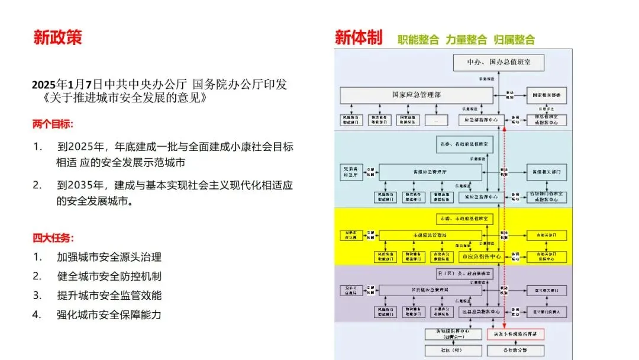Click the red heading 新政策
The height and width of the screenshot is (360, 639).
coord(57,37)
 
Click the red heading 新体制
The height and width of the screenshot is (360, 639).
coord(358,38)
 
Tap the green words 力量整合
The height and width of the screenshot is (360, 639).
coord(466,40)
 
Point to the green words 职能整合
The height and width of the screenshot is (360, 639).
coord(418,40)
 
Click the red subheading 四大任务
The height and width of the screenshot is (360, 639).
coord(53,238)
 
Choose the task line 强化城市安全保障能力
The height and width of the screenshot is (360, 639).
coord(109,314)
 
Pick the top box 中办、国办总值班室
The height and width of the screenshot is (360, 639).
coord(498,62)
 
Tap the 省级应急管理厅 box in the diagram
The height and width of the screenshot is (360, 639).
coord(430,172)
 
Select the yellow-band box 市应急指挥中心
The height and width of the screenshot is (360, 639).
coord(481,257)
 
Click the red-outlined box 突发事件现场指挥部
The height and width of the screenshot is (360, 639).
coord(515,335)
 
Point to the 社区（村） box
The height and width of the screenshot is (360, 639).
coord(452,349)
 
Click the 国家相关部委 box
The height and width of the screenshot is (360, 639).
coord(546,95)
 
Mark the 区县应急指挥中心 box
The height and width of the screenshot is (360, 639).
coord(481,311)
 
